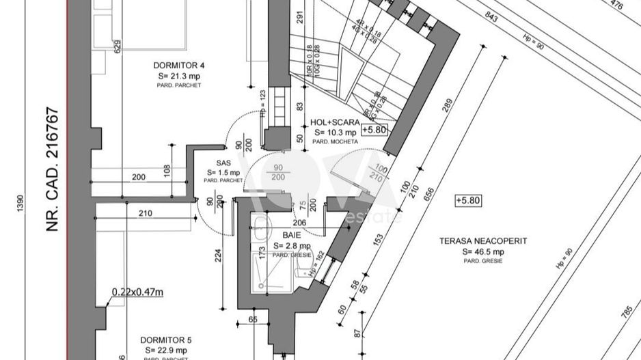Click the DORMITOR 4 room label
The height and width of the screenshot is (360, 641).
pos(179,66)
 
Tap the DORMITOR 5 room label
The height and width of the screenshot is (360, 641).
pos(165,340)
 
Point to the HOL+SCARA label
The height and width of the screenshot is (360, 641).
pos(335,122)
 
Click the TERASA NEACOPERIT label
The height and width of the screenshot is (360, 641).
pos(483,241)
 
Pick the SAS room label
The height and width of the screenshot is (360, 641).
pos(223,163)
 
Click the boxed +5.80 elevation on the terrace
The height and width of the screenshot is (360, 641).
pos(469,200)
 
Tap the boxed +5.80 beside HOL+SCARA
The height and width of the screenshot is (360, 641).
pos(374,129)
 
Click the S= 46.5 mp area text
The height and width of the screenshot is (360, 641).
pos(483,252)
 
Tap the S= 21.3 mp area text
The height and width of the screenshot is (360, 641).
pos(179,76)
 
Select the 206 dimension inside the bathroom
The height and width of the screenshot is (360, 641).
pos(299,223)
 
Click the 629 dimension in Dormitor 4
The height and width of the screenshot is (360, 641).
pos(117,47)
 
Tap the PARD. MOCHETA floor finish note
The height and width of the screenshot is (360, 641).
pos(335,141)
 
